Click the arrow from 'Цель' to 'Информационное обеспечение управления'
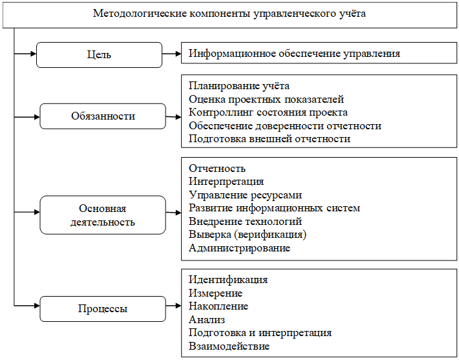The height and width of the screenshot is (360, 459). pyautogui.click(x=172, y=54)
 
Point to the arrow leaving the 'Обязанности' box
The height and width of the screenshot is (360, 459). pyautogui.click(x=174, y=117)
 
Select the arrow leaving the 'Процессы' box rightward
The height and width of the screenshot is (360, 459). pyautogui.click(x=174, y=306)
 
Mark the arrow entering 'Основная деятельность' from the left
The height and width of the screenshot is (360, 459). pyautogui.click(x=27, y=212)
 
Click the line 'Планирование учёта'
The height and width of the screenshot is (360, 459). pyautogui.click(x=239, y=86)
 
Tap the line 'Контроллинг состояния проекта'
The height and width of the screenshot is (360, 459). pyautogui.click(x=268, y=112)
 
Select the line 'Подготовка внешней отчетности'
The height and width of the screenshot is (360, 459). pyautogui.click(x=270, y=139)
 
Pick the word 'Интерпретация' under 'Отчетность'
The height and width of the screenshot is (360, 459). pyautogui.click(x=226, y=182)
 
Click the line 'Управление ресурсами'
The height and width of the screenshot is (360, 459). pyautogui.click(x=245, y=195)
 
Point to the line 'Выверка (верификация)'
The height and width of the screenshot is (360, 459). pyautogui.click(x=248, y=235)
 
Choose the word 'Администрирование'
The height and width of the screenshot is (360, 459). pyautogui.click(x=239, y=248)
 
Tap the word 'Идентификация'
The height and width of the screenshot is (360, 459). pyautogui.click(x=228, y=280)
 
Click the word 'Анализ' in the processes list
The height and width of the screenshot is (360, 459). pyautogui.click(x=207, y=320)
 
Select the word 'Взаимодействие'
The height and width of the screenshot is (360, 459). pyautogui.click(x=229, y=346)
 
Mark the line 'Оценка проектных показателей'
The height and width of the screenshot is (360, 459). pyautogui.click(x=266, y=100)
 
